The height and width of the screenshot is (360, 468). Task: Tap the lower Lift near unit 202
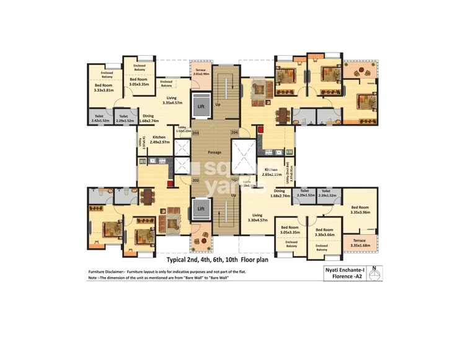(201, 209)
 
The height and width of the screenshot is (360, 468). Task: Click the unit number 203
(195, 133)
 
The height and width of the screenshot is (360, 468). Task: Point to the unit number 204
(234, 133)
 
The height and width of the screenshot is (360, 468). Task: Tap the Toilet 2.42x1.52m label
(100, 118)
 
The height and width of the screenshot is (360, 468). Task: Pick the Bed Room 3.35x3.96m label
(360, 209)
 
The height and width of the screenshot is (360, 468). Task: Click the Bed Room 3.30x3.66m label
(324, 232)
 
